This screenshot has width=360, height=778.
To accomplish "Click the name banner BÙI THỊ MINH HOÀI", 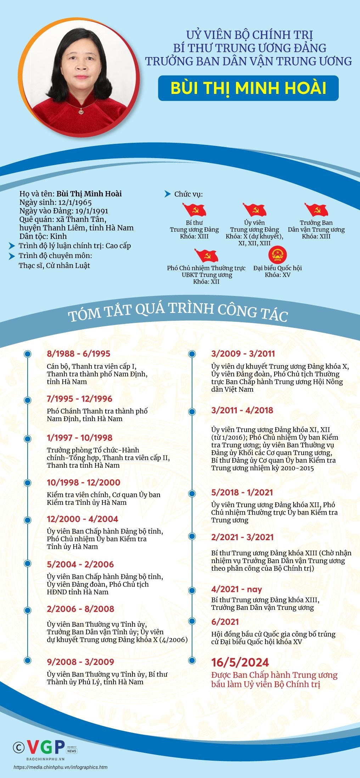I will (x=248, y=88).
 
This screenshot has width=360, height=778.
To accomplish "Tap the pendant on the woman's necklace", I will (x=81, y=112).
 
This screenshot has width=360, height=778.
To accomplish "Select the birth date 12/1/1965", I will (x=75, y=202).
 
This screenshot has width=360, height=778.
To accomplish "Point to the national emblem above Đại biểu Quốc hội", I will (x=277, y=254).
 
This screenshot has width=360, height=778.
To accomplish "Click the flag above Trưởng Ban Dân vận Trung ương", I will (x=316, y=209).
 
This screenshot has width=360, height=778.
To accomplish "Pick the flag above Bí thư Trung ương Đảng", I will (x=194, y=209).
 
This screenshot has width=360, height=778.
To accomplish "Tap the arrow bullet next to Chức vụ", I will (x=168, y=194).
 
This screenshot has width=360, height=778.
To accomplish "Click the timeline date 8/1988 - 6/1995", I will (x=78, y=353).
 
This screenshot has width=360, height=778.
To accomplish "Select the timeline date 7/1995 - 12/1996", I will (x=79, y=399).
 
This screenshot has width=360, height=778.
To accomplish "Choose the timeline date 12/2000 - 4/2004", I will (x=82, y=519).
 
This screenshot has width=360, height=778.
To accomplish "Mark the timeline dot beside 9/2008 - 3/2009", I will (x=28, y=660).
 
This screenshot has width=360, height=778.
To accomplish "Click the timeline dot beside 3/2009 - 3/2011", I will (x=192, y=354).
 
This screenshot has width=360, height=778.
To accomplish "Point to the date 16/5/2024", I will (x=240, y=662).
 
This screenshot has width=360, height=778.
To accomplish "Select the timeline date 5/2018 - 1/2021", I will (x=242, y=492).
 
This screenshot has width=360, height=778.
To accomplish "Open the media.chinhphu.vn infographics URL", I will (x=61, y=767).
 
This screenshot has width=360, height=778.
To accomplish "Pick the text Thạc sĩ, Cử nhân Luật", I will (x=54, y=265).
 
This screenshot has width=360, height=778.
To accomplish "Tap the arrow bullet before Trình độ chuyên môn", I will (x=12, y=256).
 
